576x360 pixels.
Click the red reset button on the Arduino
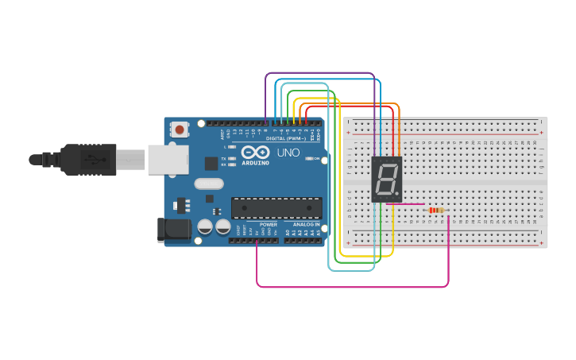[180, 130]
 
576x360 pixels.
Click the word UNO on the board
[288, 153]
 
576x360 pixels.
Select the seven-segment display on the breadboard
[387, 179]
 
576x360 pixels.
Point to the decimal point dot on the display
[397, 195]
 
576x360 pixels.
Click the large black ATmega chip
[276, 207]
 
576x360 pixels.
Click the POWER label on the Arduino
[269, 225]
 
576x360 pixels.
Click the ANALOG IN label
[306, 225]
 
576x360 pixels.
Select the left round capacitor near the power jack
[204, 226]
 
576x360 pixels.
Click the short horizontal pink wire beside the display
[412, 205]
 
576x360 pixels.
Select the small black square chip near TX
[211, 163]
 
